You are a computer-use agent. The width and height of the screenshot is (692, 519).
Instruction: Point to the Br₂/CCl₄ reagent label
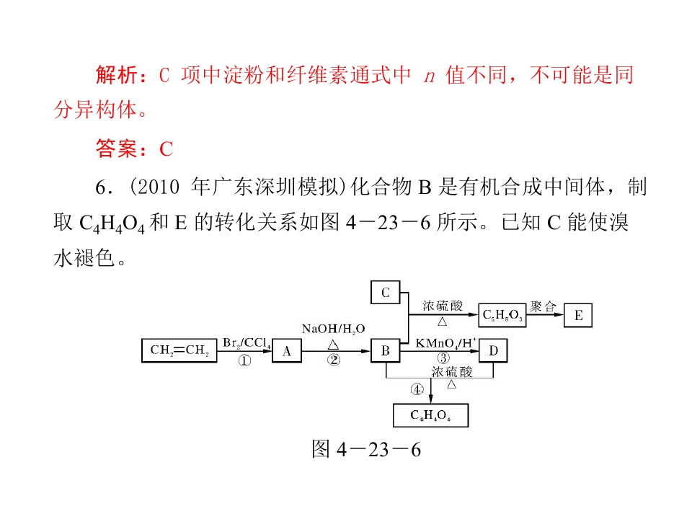tap(247, 343)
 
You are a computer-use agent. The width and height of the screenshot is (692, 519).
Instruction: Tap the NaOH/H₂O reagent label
tap(333, 329)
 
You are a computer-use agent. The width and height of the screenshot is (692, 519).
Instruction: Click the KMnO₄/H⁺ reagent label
tap(445, 343)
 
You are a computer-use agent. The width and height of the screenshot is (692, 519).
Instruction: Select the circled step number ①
tap(244, 360)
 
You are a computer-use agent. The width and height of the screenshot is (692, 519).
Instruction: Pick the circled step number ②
tap(334, 360)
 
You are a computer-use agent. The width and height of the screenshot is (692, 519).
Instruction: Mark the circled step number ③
tap(443, 358)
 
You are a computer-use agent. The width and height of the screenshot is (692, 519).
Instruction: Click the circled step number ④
tap(417, 389)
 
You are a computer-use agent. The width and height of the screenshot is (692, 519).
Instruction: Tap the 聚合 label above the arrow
tap(544, 306)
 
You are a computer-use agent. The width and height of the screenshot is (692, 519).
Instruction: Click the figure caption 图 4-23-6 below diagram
tap(366, 449)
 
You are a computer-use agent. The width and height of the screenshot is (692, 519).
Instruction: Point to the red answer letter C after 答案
tap(166, 148)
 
